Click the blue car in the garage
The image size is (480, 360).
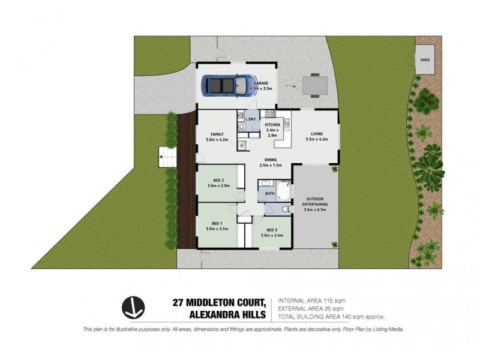click(227, 85)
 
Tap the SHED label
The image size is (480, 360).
click(425, 60)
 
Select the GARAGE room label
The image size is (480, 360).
click(261, 83)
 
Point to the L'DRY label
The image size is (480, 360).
click(251, 119)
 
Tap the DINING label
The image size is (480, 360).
click(271, 160)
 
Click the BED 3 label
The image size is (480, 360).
click(272, 230)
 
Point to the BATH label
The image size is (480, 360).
click(270, 193)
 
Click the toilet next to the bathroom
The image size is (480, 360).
click(284, 209)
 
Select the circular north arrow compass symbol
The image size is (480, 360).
click(133, 308)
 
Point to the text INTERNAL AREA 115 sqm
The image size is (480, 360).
click(311, 300)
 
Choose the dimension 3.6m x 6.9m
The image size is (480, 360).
click(315, 210)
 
